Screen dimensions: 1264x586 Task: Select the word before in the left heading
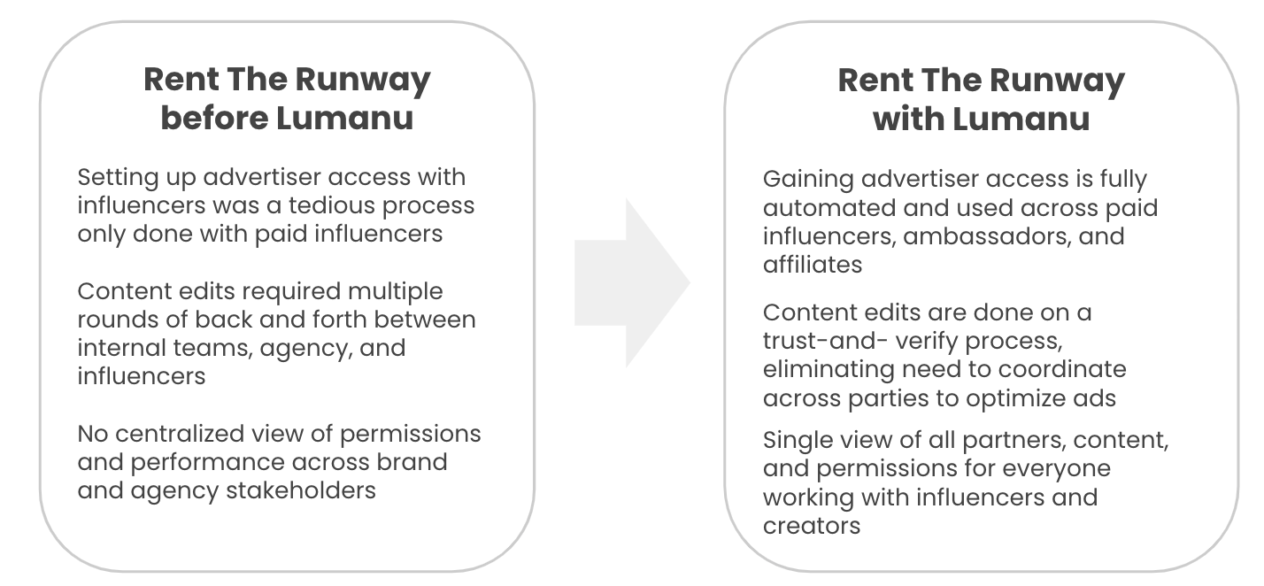pos(214,118)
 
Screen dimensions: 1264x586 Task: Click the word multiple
pos(395,292)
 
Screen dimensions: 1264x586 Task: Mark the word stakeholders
pos(301,490)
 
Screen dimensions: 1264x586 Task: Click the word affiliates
pos(813,264)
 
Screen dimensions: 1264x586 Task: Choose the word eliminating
pos(829,370)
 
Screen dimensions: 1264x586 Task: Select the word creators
pos(812,527)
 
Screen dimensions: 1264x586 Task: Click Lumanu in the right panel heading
pos(1021,120)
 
